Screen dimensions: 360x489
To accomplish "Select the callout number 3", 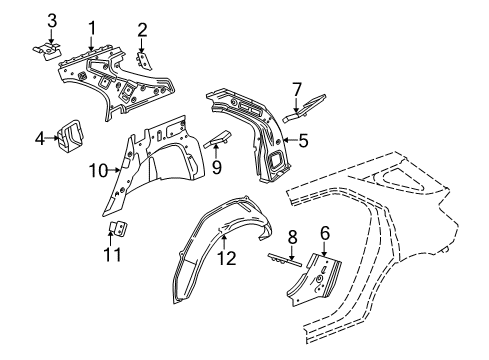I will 53,19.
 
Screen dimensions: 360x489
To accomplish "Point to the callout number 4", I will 41,138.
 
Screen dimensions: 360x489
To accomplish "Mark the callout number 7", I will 296,90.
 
